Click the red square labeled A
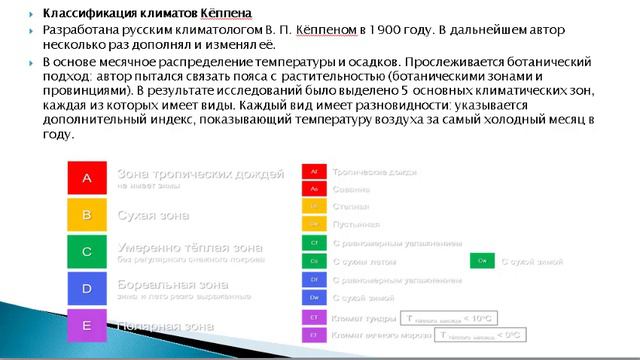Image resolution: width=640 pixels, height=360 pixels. pyautogui.click(x=87, y=178)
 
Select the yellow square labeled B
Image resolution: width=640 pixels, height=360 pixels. pyautogui.click(x=87, y=215)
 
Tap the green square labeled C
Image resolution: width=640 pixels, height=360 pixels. pyautogui.click(x=87, y=252)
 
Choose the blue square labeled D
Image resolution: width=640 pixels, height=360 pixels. pyautogui.click(x=87, y=288)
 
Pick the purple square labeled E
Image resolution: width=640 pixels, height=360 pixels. pyautogui.click(x=87, y=325)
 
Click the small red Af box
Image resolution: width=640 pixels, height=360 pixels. pyautogui.click(x=314, y=171)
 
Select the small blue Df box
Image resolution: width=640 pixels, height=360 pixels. pyautogui.click(x=314, y=279)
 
